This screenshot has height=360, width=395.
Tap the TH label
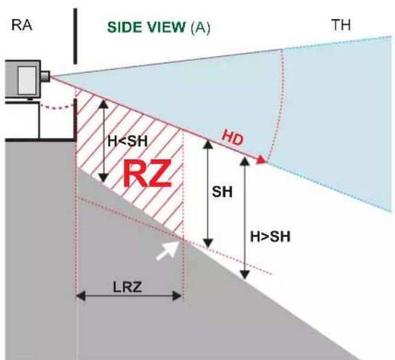[341, 26]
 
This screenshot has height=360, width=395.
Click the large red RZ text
[146, 175]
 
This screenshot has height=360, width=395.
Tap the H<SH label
[125, 140]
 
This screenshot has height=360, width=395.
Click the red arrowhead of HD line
[261, 160]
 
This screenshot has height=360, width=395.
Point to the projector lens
[45, 74]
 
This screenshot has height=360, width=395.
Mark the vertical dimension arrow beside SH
[208, 193]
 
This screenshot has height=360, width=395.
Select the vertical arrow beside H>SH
[244, 218]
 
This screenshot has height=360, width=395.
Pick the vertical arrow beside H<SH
[104, 140]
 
